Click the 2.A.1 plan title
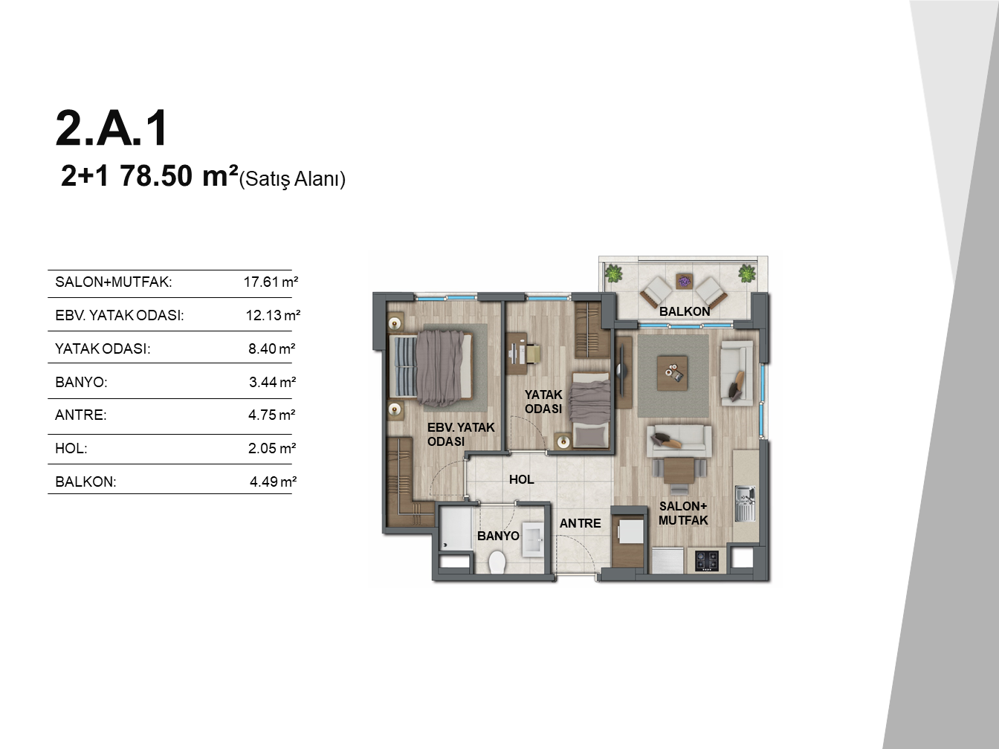111,128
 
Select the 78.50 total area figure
156,176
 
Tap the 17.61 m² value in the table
271,282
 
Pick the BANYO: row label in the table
81,382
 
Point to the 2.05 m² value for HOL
272,448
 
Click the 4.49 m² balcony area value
273,481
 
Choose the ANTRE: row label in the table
80,415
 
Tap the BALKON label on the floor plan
685,311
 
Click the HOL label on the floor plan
522,479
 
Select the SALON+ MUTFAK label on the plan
683,513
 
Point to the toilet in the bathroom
497,562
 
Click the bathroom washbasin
532,539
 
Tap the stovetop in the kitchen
707,561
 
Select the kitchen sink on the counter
745,504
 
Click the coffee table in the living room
672,373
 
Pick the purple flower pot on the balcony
683,281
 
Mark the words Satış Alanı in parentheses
292,179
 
